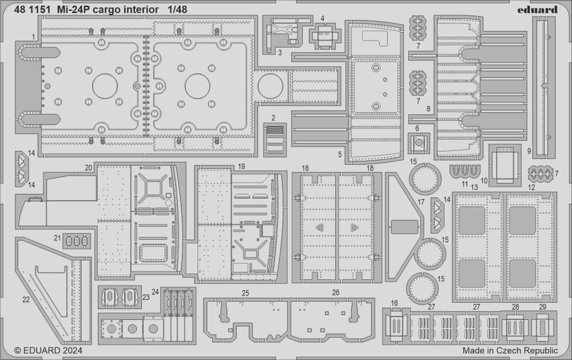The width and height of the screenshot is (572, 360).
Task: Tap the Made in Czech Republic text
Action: pyautogui.click(x=511, y=350)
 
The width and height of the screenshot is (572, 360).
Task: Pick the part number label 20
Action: pyautogui.click(x=88, y=167)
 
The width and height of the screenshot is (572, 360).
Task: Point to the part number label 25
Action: pyautogui.click(x=245, y=292)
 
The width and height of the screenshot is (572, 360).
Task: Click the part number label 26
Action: pyautogui.click(x=335, y=292)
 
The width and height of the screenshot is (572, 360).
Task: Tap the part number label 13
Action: pyautogui.click(x=474, y=187)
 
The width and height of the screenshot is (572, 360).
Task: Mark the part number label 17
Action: pyautogui.click(x=420, y=202)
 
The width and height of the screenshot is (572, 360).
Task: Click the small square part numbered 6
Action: pyautogui.click(x=419, y=143)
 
